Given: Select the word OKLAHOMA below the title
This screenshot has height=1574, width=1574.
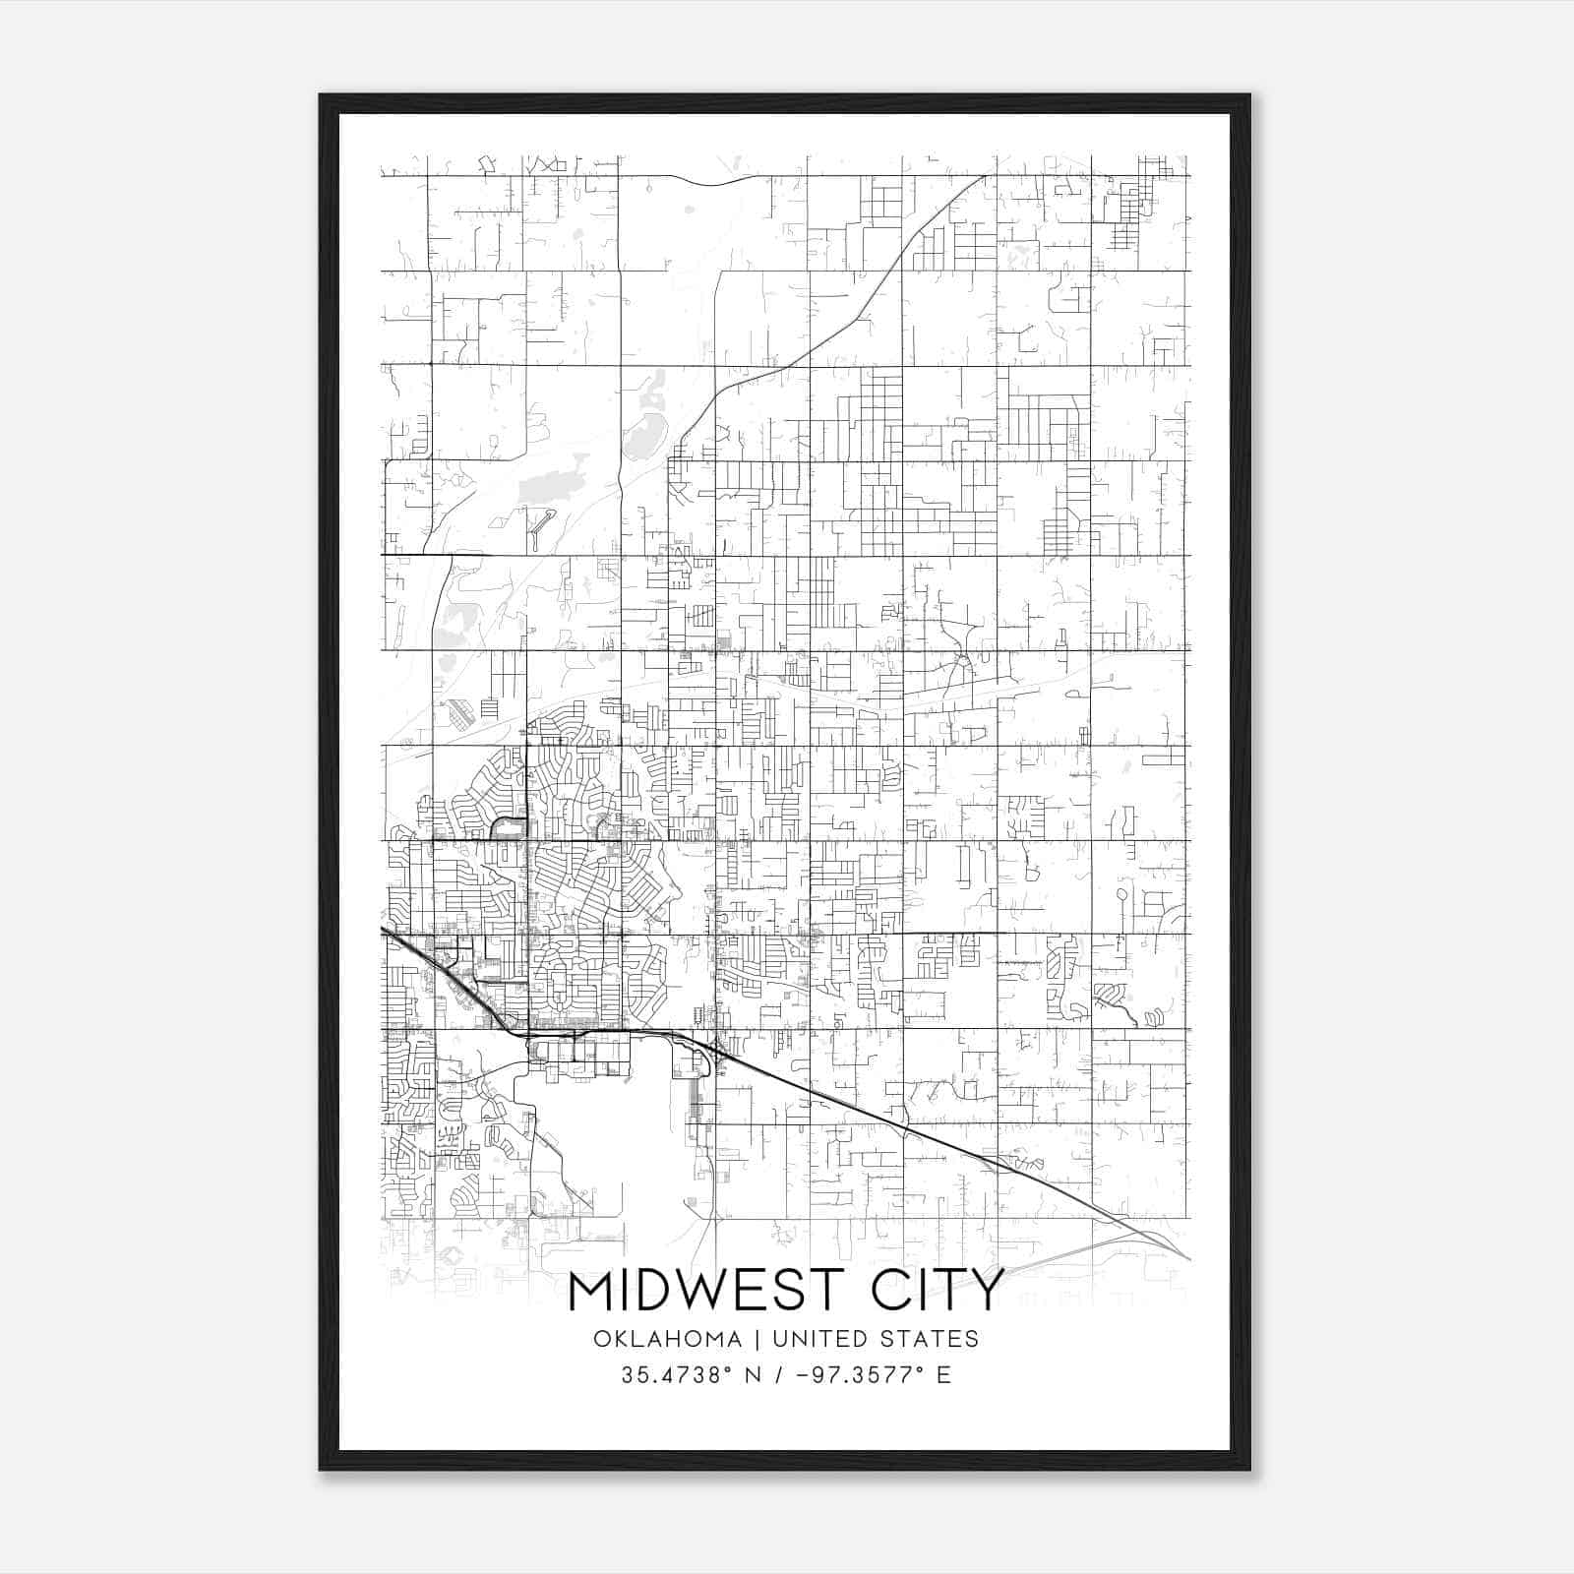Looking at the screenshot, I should pos(668,1339).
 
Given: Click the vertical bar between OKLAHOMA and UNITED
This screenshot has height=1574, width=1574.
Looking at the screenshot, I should pos(757,1339).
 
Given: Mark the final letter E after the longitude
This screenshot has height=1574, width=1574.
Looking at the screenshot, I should pos(944,1375).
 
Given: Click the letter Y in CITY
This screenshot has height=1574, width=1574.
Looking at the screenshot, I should pos(988,1292).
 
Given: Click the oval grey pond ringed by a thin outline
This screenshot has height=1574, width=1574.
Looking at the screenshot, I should pos(1121,894).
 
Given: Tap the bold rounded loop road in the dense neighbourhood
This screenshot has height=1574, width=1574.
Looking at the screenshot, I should pos(508,827).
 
